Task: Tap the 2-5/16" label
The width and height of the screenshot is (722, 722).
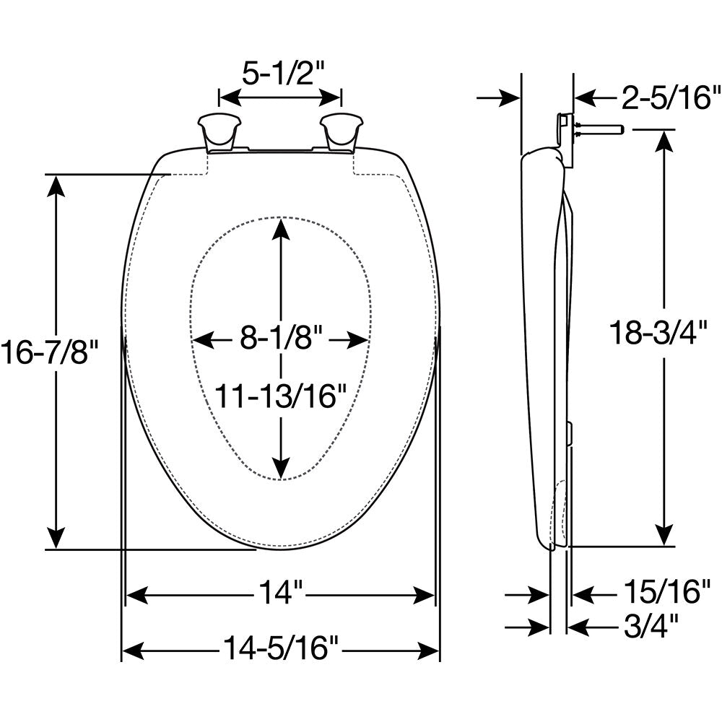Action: tap(671, 97)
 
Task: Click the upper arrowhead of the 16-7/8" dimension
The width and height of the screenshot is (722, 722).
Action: tap(56, 186)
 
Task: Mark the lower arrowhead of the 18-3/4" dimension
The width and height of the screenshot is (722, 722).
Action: tap(664, 534)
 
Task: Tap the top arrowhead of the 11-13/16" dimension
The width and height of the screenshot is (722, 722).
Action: tap(280, 229)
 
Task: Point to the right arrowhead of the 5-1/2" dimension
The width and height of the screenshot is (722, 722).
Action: tap(330, 97)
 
